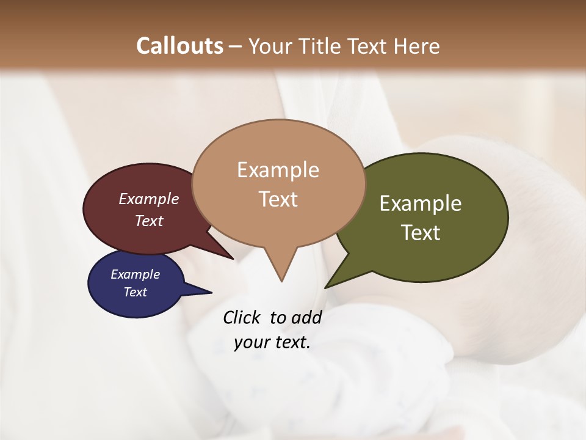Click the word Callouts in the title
pyautogui.click(x=179, y=46)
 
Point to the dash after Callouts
pyautogui.click(x=235, y=46)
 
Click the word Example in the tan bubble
pyautogui.click(x=278, y=170)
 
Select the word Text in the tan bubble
pyautogui.click(x=278, y=199)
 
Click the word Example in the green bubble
pyautogui.click(x=421, y=204)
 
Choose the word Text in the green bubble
pyautogui.click(x=421, y=233)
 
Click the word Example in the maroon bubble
pyautogui.click(x=149, y=199)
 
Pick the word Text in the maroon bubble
pyautogui.click(x=149, y=221)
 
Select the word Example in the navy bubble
pyautogui.click(x=135, y=274)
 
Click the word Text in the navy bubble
pyautogui.click(x=135, y=292)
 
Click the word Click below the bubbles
pyautogui.click(x=242, y=317)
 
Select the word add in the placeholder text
pyautogui.click(x=306, y=317)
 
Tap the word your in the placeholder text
pyautogui.click(x=251, y=342)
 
